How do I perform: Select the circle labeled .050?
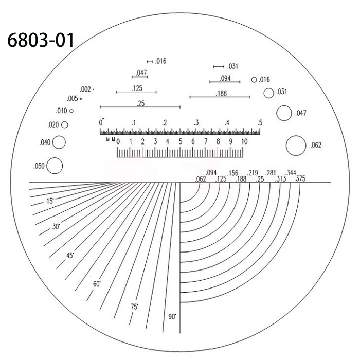coord(55,166)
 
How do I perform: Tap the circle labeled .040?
coord(59,142)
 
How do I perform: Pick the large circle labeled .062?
coord(296,145)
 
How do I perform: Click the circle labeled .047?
coord(283,113)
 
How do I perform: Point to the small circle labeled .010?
coord(71,111)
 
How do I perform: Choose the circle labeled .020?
coord(65,124)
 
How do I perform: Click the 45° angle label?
coord(70,255)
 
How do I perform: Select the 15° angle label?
coord(50,202)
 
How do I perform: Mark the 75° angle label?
coord(134,307)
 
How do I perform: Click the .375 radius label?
coord(298,178)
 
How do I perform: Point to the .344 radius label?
coord(291,172)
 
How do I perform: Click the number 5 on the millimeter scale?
coord(181,141)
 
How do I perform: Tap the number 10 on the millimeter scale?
coord(244,141)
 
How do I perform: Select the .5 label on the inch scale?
coord(260,123)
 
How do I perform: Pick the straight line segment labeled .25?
coord(140,107)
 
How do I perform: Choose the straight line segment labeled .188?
coord(220,97)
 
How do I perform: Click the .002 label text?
coord(85,89)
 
